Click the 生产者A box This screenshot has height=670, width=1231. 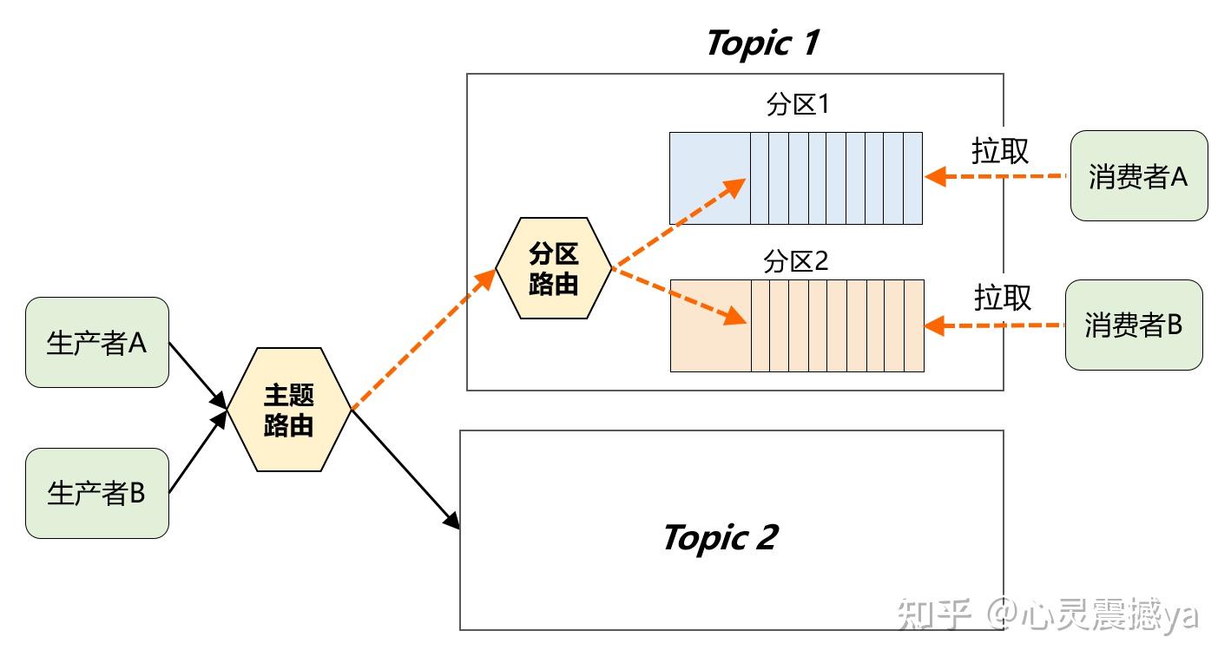pyautogui.click(x=96, y=343)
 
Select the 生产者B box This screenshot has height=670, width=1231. pyautogui.click(x=96, y=493)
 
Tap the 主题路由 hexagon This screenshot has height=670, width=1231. pyautogui.click(x=288, y=410)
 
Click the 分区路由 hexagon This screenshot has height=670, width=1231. pyautogui.click(x=554, y=268)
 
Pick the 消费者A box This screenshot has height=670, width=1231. pyautogui.click(x=1138, y=176)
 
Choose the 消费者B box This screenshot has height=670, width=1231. pyautogui.click(x=1133, y=325)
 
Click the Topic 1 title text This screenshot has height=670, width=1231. pyautogui.click(x=762, y=43)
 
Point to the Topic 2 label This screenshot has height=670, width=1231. pyautogui.click(x=720, y=537)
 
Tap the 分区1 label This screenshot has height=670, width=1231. pyautogui.click(x=797, y=105)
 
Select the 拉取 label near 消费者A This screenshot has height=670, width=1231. pyautogui.click(x=999, y=151)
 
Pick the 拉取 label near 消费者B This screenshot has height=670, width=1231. pyautogui.click(x=1002, y=298)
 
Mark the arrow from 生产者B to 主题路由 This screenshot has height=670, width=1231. pyautogui.click(x=197, y=454)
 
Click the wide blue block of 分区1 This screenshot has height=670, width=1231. pyautogui.click(x=709, y=178)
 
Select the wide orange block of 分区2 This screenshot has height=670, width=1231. pyautogui.click(x=710, y=325)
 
